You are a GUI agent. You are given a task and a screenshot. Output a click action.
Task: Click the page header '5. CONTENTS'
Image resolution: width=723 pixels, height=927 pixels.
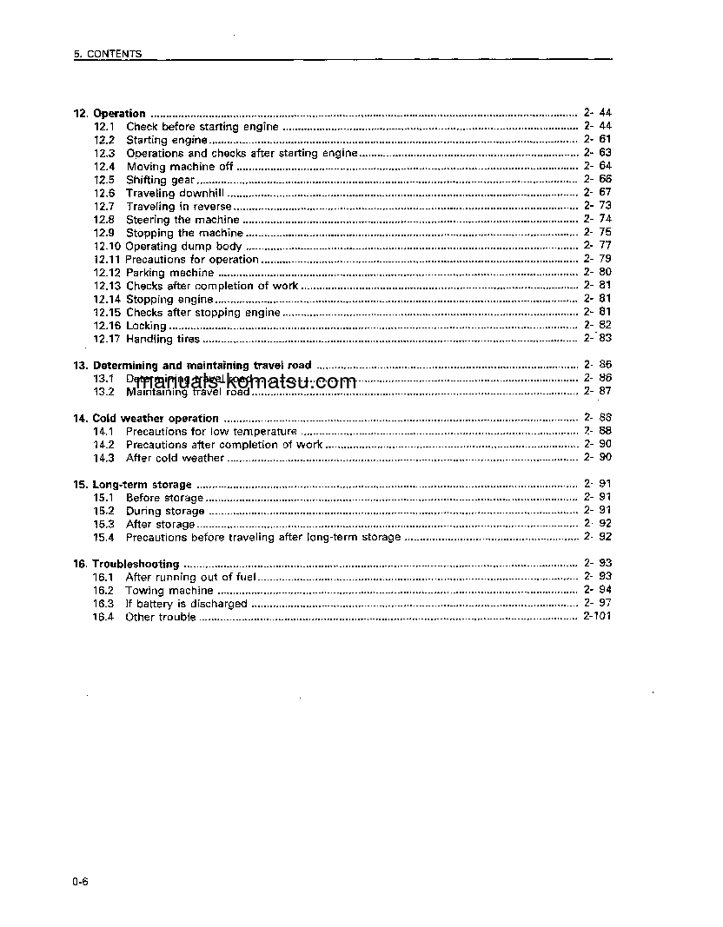click(108, 54)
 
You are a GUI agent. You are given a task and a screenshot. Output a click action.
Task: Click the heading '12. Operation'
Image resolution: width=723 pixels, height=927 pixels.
click(109, 114)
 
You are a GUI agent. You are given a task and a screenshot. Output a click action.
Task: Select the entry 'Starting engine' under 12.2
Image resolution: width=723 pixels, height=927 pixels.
click(167, 140)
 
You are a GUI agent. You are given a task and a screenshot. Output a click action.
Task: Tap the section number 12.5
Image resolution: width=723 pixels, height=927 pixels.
click(104, 180)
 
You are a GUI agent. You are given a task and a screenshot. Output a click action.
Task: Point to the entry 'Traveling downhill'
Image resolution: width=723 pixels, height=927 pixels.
click(175, 193)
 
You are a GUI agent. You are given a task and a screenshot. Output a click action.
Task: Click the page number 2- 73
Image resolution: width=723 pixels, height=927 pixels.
click(598, 206)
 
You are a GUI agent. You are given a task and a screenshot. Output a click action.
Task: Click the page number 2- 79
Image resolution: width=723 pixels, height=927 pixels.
click(598, 259)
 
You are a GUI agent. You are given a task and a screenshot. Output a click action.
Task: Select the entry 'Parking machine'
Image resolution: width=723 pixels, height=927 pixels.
click(169, 273)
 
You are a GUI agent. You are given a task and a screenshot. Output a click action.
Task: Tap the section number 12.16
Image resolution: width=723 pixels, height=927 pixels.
click(107, 326)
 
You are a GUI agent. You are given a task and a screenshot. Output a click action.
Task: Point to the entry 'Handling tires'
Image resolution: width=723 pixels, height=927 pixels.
click(163, 339)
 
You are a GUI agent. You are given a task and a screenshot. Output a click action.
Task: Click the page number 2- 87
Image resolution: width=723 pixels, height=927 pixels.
click(598, 392)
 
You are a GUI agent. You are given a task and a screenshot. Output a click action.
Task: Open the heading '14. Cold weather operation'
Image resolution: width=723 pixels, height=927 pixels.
click(146, 419)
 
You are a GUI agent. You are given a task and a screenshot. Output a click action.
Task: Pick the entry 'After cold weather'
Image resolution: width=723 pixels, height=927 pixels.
click(175, 458)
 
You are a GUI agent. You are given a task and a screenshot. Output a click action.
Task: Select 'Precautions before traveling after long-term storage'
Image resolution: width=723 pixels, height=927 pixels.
click(263, 538)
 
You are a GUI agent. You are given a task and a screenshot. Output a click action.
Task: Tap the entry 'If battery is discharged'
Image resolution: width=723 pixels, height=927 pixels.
click(186, 604)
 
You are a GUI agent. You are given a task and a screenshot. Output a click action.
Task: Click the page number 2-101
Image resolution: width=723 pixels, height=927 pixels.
click(597, 617)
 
